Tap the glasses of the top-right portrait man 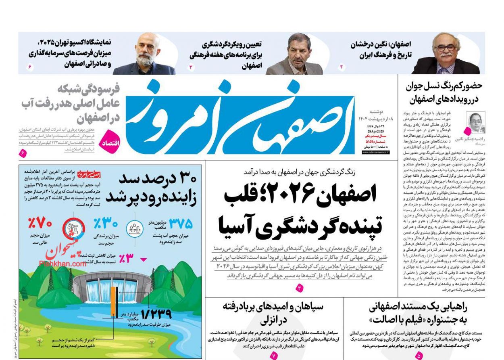tap(446, 48)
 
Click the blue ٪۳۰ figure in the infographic tap(105, 223)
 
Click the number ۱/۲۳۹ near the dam tap(156, 314)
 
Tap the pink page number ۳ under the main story tap(300, 288)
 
